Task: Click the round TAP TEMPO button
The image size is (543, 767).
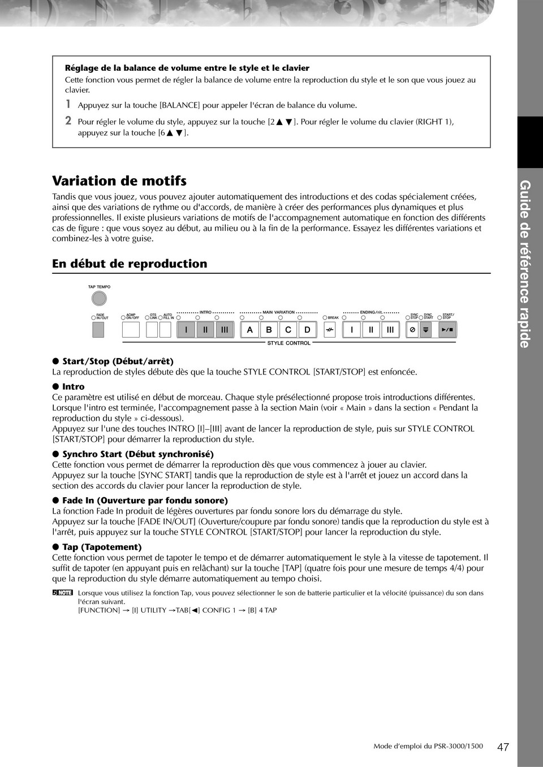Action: click(x=99, y=298)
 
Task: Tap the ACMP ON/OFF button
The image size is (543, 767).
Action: click(x=131, y=330)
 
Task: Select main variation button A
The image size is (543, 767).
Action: click(x=249, y=330)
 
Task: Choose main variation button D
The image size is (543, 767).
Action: click(x=307, y=330)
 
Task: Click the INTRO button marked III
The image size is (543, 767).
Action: click(x=225, y=330)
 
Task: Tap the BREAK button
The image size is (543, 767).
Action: click(x=330, y=330)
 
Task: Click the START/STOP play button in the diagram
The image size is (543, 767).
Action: click(x=447, y=330)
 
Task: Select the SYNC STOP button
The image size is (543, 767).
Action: click(x=412, y=330)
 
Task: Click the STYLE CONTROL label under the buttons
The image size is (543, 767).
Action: click(x=288, y=343)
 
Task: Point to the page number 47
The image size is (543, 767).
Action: click(x=503, y=747)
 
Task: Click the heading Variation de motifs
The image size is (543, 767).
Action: click(x=119, y=181)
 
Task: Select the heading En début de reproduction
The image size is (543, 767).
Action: click(x=130, y=264)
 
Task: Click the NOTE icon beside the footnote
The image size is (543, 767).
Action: click(x=62, y=593)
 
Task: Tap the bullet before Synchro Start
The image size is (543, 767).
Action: click(x=56, y=454)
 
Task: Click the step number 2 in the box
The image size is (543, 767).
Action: click(x=68, y=120)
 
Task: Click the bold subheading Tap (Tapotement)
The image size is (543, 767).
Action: click(x=102, y=547)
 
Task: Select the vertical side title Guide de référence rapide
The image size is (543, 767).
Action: click(x=525, y=264)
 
